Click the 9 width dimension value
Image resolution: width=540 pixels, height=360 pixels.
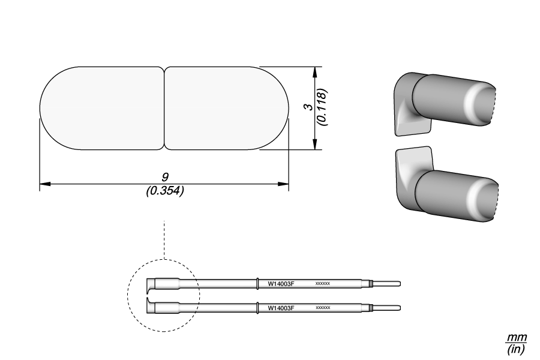[x=165, y=177]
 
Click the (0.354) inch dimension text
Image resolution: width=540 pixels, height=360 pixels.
[x=165, y=190]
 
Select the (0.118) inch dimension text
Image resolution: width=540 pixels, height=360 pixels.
[x=323, y=107]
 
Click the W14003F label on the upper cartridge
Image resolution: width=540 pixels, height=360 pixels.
[x=281, y=284]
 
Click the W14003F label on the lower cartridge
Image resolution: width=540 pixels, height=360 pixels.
[x=281, y=308]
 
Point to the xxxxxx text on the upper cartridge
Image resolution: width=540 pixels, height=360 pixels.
[x=323, y=284]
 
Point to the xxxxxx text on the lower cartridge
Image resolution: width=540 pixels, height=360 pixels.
[x=323, y=307]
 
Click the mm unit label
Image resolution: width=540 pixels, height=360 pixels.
[x=516, y=337]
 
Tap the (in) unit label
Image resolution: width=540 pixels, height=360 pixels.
[x=516, y=349]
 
